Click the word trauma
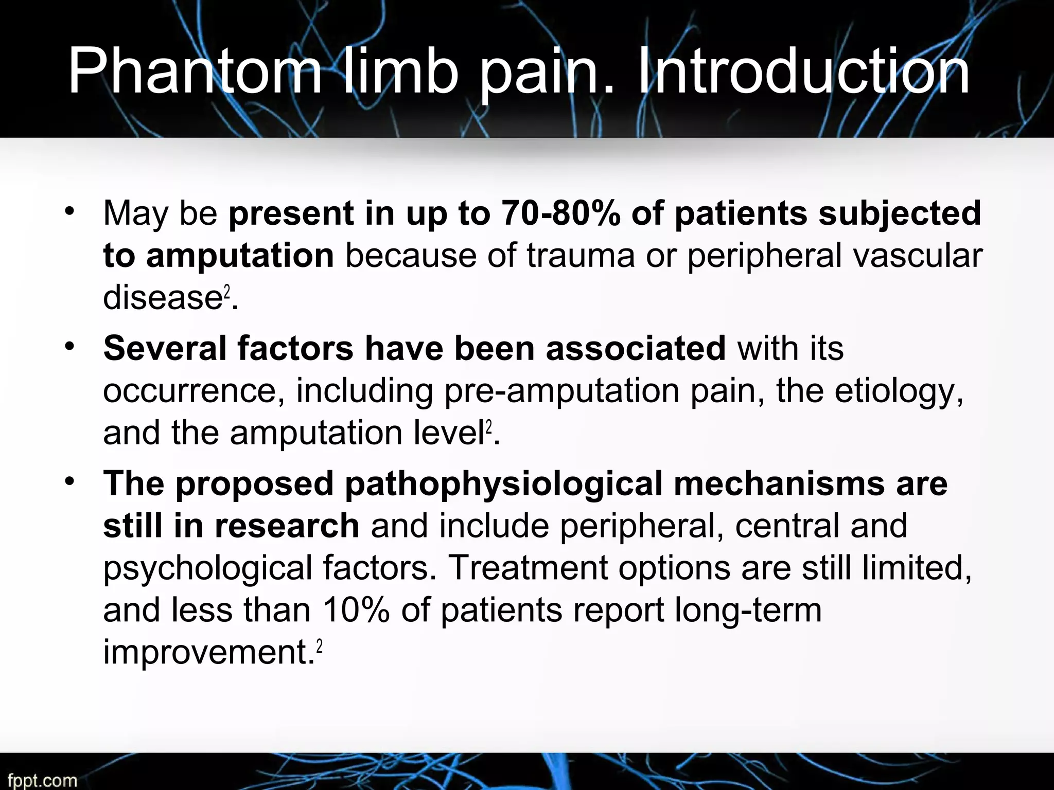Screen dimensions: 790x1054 tap(581, 255)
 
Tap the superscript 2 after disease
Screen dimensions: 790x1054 tap(226, 291)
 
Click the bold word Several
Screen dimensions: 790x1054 tap(165, 348)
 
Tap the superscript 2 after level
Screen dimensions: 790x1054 tap(489, 426)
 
